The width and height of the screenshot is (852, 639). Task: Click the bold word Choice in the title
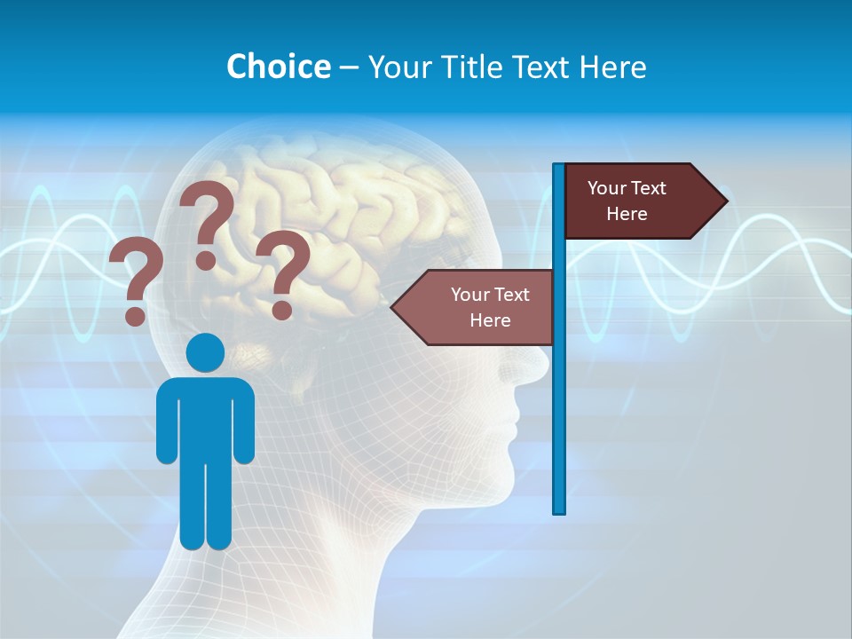coord(278,67)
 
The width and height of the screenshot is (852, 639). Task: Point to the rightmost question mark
coord(284,273)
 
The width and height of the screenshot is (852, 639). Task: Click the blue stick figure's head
coord(205,352)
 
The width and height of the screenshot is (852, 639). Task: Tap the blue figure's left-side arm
coord(166,422)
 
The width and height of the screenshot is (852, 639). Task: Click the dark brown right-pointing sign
coord(635,201)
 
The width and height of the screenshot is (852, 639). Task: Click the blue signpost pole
coord(559,399)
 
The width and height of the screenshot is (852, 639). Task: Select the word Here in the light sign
coord(490,320)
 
